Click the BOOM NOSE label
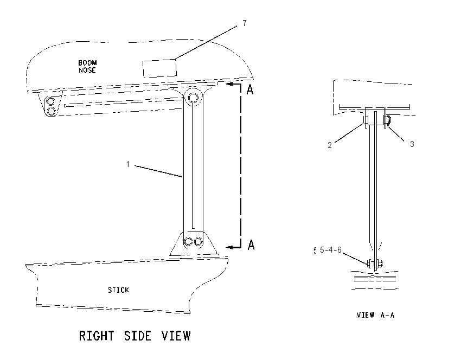tap(87, 67)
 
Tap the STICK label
tap(118, 290)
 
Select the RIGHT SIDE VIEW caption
tap(135, 336)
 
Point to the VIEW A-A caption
tap(375, 315)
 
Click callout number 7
tap(245, 23)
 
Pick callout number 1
tap(128, 164)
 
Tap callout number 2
tap(330, 145)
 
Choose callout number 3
tap(412, 144)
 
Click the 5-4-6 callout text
tap(330, 250)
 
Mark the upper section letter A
tap(250, 89)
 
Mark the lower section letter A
tap(251, 245)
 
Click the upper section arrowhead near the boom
tap(230, 84)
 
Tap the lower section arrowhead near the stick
tap(230, 247)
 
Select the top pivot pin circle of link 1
tap(193, 97)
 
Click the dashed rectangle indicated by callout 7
tap(159, 68)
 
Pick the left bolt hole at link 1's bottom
tap(188, 242)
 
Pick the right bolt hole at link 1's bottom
tap(199, 242)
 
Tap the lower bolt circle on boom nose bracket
tap(51, 111)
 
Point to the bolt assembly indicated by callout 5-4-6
tap(375, 264)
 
